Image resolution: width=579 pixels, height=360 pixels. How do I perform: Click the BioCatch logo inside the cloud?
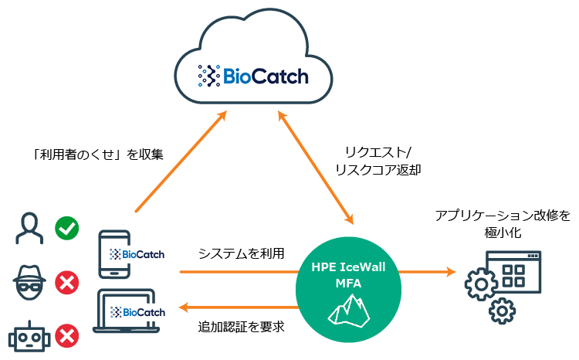(253, 76)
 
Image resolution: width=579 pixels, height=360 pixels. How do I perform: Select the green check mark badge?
(67, 228)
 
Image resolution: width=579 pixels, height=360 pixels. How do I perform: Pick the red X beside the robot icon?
(67, 336)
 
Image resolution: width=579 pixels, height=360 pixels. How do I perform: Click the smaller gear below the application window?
(503, 311)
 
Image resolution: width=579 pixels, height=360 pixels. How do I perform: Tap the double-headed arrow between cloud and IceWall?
(317, 166)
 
